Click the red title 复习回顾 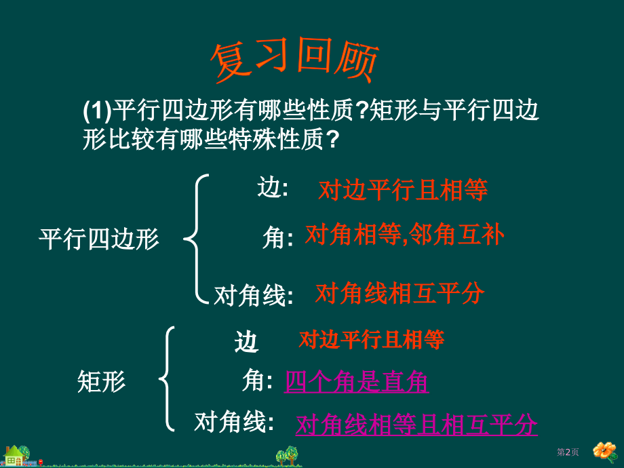pos(294,62)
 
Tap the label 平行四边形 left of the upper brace pos(99,239)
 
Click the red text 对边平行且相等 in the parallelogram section pos(403,191)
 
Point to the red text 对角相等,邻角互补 pos(405,235)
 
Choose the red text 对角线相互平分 pos(400,294)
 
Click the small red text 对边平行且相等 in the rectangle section pos(372,339)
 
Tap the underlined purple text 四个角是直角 pos(356,383)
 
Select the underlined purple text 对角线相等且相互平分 pos(416,425)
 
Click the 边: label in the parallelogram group pos(273,189)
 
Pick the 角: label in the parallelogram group pos(277,237)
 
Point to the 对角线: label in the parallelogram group pos(254,295)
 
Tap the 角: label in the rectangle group pos(257,382)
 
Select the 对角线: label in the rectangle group pos(234,422)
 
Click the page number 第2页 pos(568,452)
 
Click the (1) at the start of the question pos(96,110)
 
